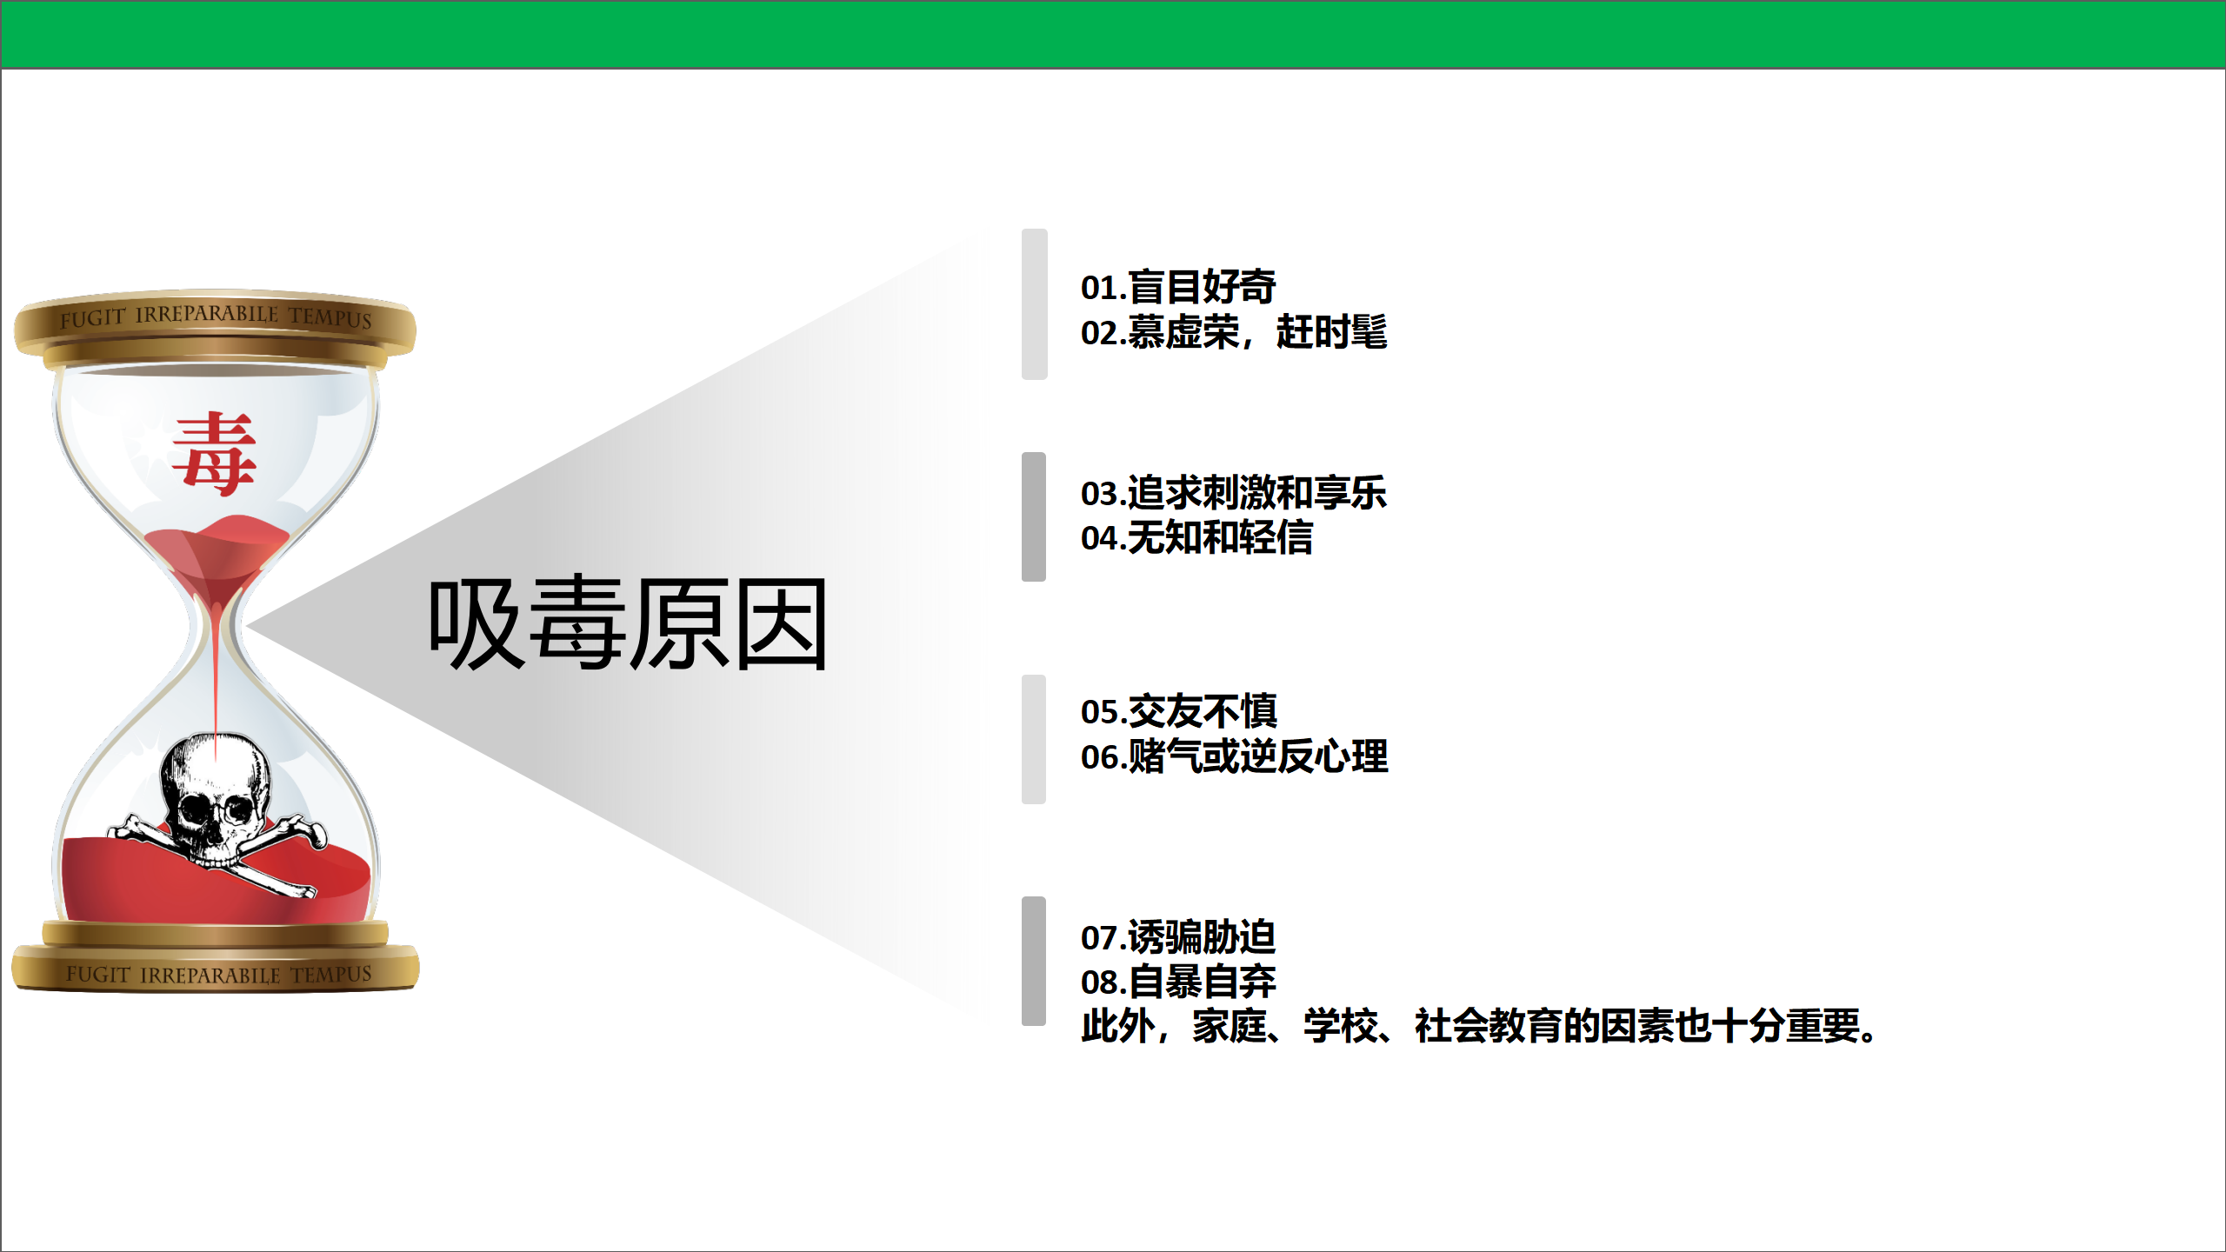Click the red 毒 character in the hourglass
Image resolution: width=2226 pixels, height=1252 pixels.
click(214, 454)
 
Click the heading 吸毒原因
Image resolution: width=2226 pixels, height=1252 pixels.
click(628, 623)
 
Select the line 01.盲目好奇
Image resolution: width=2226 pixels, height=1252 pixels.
click(1178, 287)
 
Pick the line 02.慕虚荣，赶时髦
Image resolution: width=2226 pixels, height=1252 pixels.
click(1234, 332)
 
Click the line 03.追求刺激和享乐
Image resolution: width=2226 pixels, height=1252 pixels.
click(1234, 493)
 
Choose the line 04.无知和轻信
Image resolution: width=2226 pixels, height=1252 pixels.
click(1196, 537)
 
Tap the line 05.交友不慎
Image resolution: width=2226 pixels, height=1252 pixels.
click(1178, 711)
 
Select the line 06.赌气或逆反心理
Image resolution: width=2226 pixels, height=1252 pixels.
click(1234, 756)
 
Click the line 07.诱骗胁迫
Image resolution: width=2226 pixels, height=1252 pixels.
click(1178, 937)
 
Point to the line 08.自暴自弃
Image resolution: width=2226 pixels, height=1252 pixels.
click(1178, 982)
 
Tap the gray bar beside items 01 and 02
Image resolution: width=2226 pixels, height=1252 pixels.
click(1034, 303)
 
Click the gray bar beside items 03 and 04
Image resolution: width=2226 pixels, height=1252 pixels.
click(1034, 516)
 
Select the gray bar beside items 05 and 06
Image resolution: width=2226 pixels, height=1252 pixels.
click(1034, 739)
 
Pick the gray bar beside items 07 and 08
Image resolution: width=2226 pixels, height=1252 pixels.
click(1034, 961)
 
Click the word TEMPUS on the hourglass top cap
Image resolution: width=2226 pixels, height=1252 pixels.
click(330, 317)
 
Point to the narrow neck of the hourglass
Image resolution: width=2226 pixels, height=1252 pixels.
click(216, 624)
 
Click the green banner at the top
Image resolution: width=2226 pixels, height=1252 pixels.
click(1113, 35)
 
